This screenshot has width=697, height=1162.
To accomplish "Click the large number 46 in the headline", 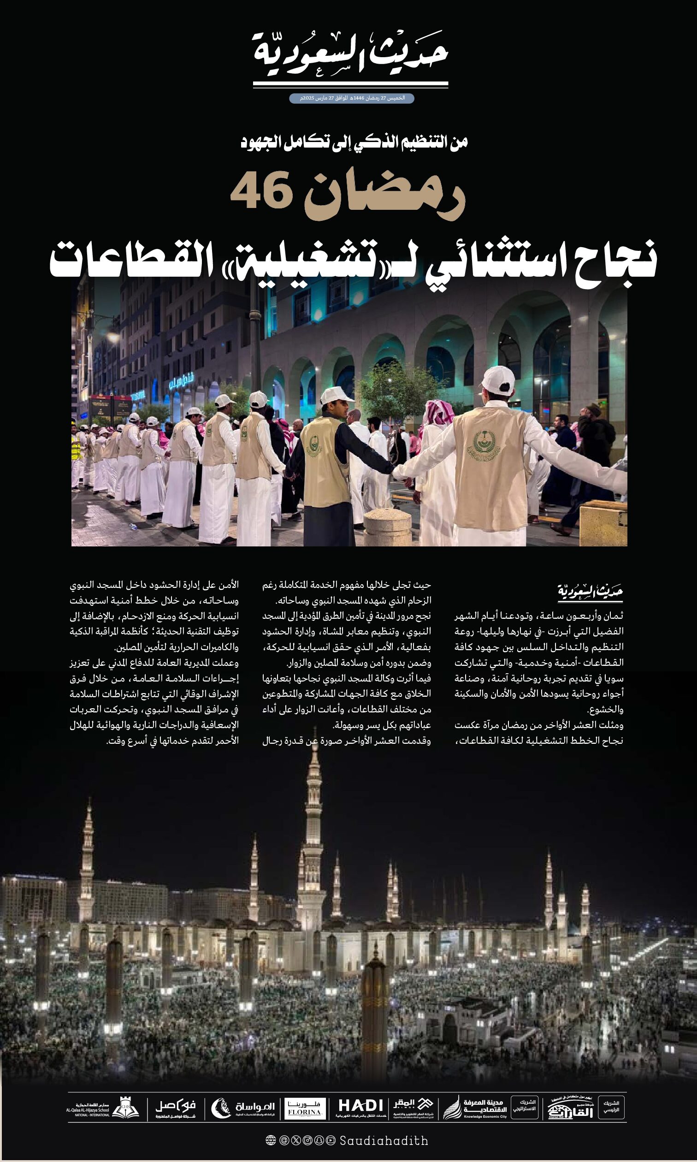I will pos(259,193).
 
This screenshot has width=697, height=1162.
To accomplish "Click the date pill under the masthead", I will pos(351,98).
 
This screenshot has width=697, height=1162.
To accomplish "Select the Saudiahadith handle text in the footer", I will pos(384,1141).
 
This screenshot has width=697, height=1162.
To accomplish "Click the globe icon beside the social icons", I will pos(271,1141).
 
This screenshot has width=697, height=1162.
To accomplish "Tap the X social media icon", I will pos(296,1141).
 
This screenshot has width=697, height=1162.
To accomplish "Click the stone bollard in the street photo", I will pos(388,527).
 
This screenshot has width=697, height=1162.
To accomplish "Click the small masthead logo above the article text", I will pos(590,592).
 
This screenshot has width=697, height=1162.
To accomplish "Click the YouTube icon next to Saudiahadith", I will pos(331,1141).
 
